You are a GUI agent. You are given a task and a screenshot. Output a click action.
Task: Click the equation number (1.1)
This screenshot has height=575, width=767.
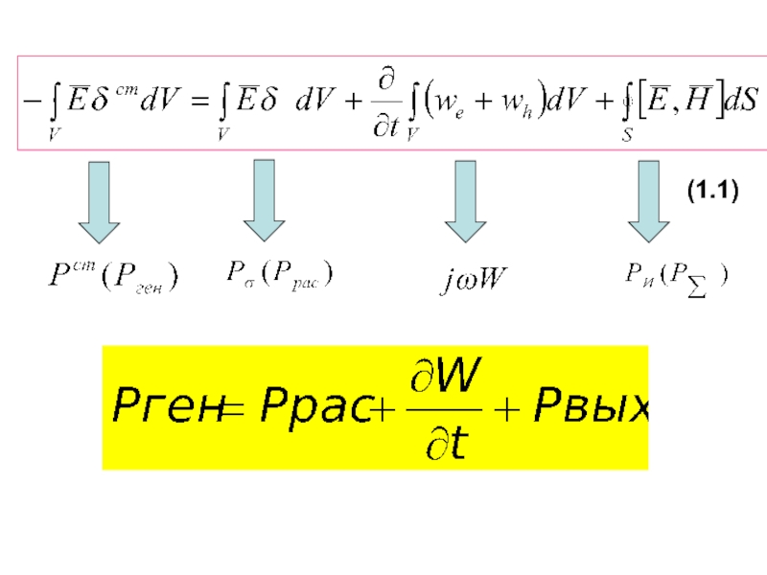click(x=711, y=193)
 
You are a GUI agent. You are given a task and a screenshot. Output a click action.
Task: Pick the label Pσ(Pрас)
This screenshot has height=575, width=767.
click(x=280, y=275)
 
